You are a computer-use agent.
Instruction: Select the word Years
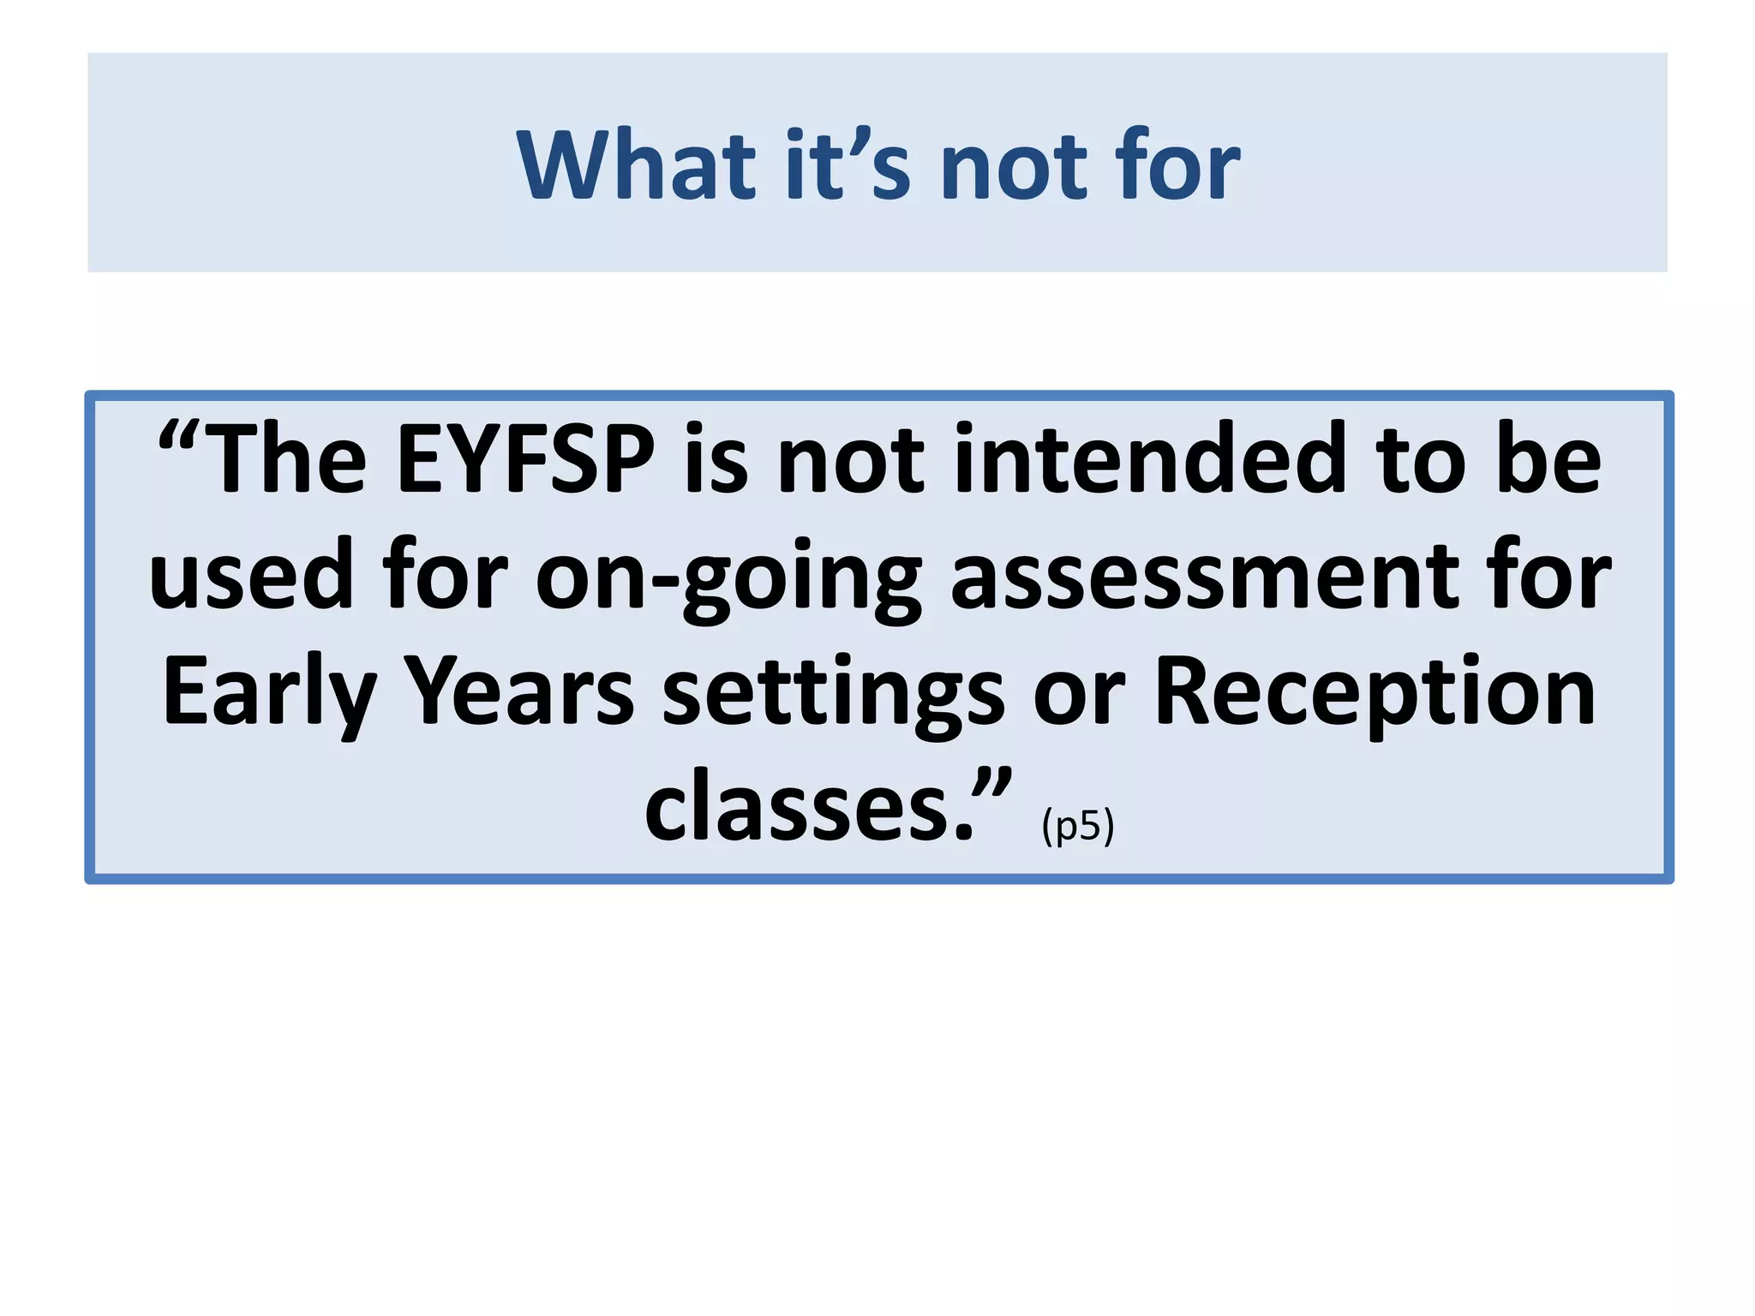point(518,692)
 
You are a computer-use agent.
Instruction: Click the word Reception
point(1375,692)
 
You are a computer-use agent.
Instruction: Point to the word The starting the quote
point(288,460)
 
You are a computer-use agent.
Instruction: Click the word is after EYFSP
point(716,460)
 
